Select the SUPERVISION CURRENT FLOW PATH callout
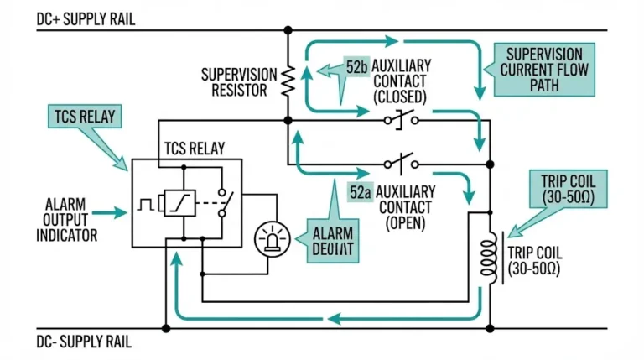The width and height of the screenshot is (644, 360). coord(546,69)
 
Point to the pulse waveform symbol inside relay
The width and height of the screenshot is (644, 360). coord(147,204)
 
